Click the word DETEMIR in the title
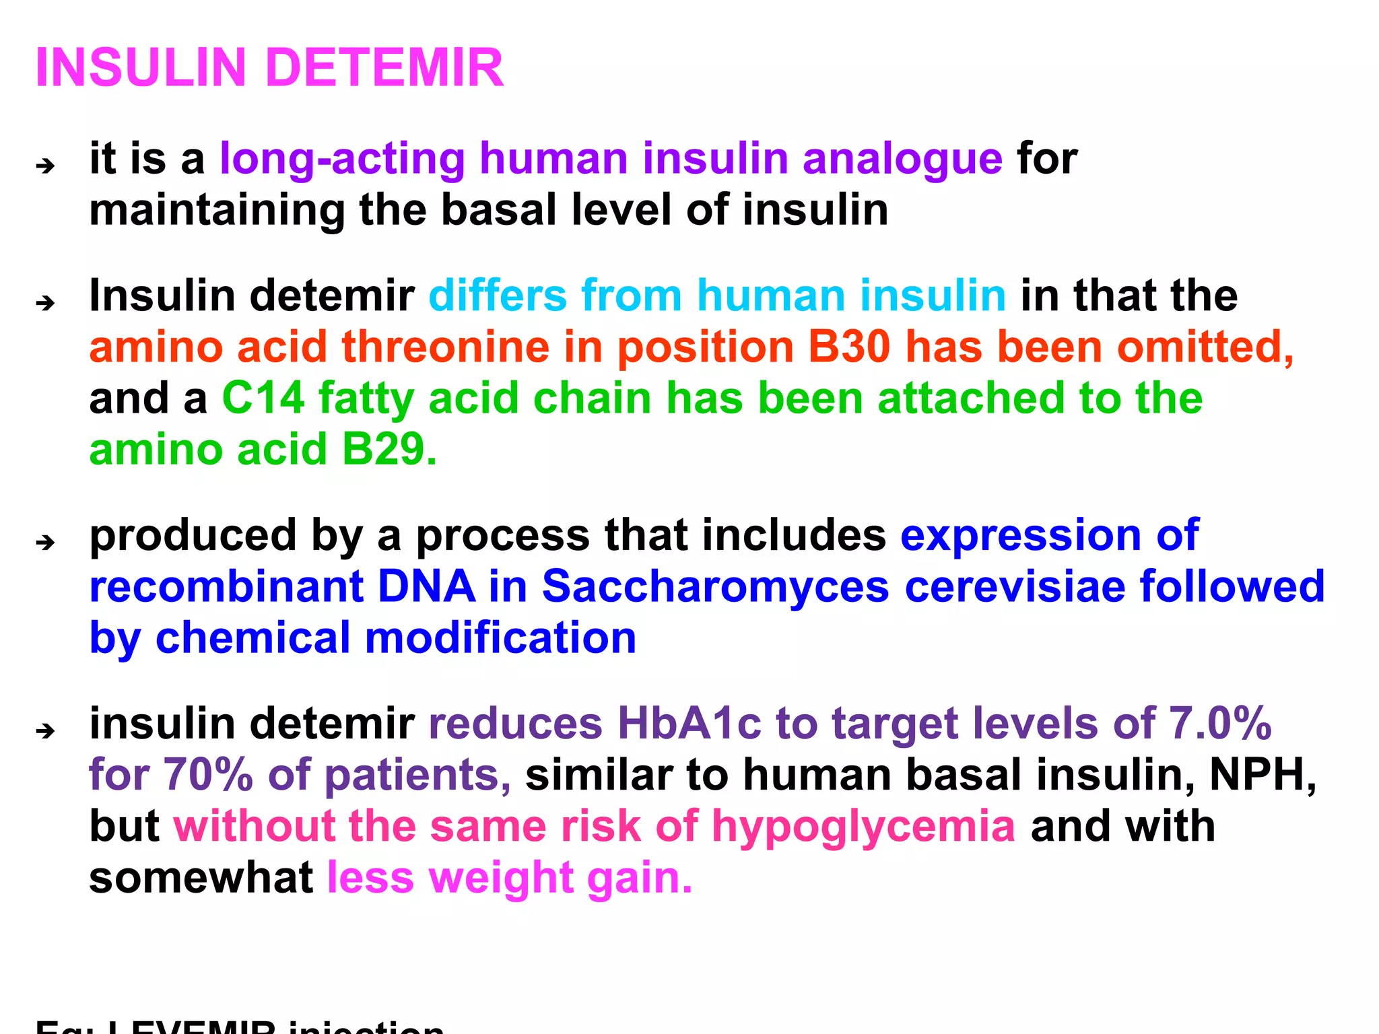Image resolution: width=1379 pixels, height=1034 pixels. pos(384,68)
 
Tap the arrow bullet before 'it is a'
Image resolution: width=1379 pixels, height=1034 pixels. pos(46,165)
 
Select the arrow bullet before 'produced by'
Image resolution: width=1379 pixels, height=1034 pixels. pos(46,541)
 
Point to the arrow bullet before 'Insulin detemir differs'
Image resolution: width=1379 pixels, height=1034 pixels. pos(46,302)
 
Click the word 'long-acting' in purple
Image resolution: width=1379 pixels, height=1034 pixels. pos(342,160)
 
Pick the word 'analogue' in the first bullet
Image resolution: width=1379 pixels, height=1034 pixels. pos(902,160)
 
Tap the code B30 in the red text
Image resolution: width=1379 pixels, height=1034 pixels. pos(849,347)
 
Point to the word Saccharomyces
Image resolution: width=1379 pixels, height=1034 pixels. pos(715,587)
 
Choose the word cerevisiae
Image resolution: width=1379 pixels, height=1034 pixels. pos(1014,587)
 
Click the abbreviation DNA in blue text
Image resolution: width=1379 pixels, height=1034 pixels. pos(427,587)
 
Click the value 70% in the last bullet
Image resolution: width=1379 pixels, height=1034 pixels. pos(208,775)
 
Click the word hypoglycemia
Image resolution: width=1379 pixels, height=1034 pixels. pos(863,827)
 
